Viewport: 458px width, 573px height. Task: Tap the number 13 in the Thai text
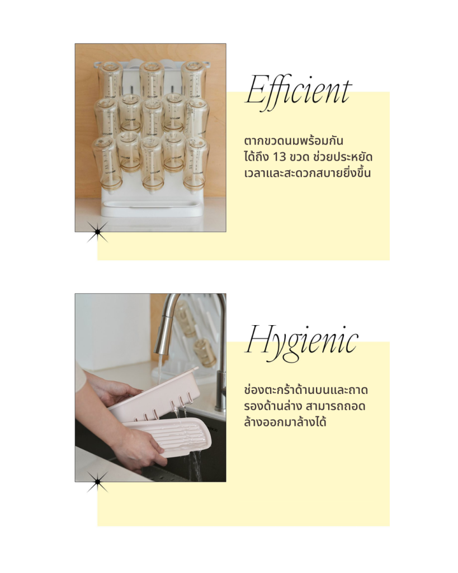[x=279, y=157]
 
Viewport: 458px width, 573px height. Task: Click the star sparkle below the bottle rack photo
[x=97, y=231]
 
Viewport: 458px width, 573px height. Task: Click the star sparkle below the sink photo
[x=97, y=482]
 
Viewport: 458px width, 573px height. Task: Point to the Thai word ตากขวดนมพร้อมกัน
[x=294, y=141]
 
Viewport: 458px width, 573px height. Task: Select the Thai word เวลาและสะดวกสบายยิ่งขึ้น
[x=307, y=172]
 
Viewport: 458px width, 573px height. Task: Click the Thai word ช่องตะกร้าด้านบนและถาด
[x=306, y=389]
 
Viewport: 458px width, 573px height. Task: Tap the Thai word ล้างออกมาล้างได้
[x=285, y=422]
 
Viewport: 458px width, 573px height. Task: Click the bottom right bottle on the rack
[x=196, y=164]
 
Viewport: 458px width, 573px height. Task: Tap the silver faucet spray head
[x=163, y=335]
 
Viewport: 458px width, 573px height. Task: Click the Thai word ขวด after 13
[x=300, y=157]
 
